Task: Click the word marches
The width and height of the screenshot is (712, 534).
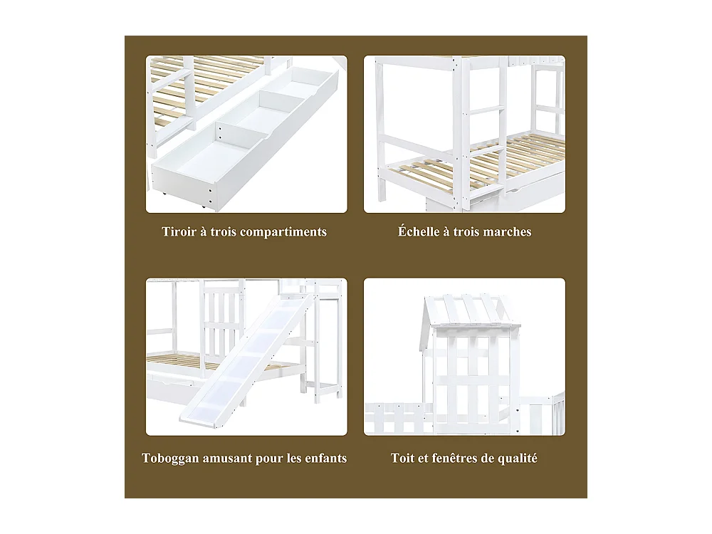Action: tap(508, 232)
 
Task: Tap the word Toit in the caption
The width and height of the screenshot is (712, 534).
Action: tap(403, 459)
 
